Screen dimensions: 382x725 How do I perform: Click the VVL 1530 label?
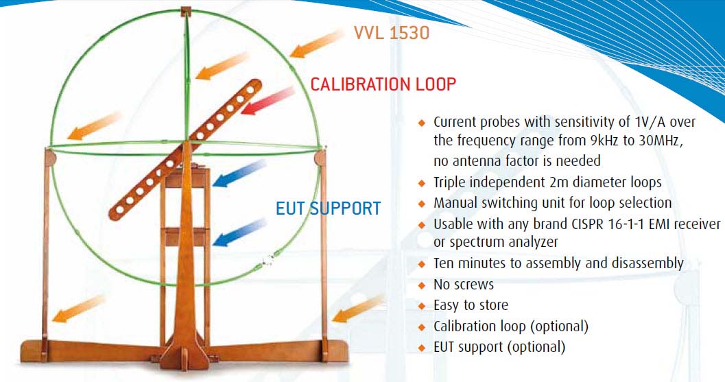[392, 32]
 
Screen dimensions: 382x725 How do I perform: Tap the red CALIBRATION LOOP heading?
[383, 84]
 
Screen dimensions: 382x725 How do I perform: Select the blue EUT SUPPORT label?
[328, 208]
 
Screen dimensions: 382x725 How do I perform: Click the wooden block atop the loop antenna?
[186, 11]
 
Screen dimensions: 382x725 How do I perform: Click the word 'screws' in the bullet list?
[474, 285]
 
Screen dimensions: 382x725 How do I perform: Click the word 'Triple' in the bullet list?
[450, 183]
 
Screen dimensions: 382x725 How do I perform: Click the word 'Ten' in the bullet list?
[444, 263]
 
